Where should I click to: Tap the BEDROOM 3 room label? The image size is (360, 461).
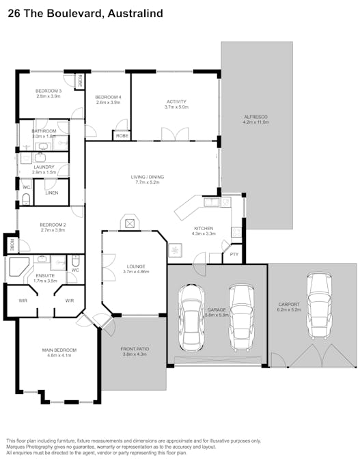[49, 92]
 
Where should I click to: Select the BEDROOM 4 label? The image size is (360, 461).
[107, 97]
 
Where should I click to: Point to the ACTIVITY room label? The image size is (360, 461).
[176, 102]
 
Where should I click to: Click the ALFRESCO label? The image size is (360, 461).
[256, 117]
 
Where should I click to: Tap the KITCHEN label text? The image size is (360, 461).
[204, 228]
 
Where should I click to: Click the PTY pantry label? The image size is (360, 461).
[234, 255]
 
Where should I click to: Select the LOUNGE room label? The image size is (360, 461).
[135, 266]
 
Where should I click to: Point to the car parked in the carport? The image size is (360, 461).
[319, 305]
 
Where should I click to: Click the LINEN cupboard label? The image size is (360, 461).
[52, 193]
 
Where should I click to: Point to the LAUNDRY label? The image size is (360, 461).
[44, 167]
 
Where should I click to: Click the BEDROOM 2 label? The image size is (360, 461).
[53, 225]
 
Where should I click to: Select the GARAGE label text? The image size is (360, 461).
[217, 309]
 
